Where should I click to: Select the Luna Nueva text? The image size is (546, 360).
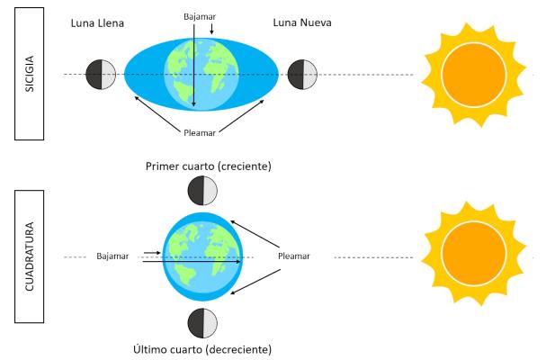point(301,22)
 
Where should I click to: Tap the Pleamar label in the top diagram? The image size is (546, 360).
point(201,131)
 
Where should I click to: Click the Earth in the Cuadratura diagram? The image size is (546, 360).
point(201,256)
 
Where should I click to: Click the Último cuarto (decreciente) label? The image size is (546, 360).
point(201,349)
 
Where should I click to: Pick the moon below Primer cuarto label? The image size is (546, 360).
point(201,191)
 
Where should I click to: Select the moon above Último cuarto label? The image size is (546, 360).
point(201,322)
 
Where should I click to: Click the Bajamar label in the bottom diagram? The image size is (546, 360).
point(112,256)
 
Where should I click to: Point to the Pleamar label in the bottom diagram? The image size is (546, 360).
point(294,256)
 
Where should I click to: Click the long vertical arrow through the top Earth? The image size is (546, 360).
point(192,67)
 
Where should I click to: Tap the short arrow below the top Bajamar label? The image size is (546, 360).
point(211,31)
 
